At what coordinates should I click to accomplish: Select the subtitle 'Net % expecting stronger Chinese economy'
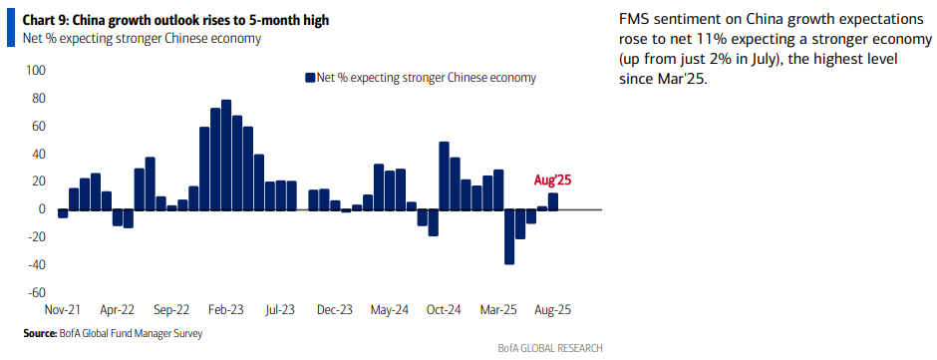[x=142, y=39]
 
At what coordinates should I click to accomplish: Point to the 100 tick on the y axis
[x=36, y=71]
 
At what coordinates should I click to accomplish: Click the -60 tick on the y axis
[x=36, y=293]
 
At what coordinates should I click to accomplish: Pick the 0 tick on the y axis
[x=42, y=209]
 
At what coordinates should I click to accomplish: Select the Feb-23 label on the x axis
[x=227, y=310]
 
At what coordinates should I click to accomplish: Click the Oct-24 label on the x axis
[x=445, y=310]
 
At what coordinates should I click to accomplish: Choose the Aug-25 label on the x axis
[x=552, y=310]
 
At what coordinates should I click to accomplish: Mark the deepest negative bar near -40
[x=509, y=236]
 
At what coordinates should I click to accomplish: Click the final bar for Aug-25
[x=553, y=201]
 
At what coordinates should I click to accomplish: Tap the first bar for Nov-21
[x=63, y=213]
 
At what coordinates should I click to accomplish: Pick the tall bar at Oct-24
[x=444, y=176]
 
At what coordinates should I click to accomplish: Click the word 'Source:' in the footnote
[x=40, y=333]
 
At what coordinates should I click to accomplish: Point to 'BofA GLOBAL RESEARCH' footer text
[x=550, y=348]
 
